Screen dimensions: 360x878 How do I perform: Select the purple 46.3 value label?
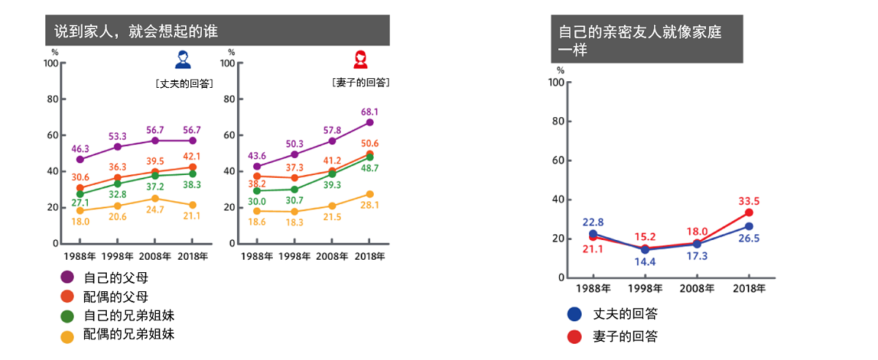(80, 149)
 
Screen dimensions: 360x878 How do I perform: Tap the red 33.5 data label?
(748, 200)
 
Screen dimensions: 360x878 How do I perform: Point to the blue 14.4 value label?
(645, 260)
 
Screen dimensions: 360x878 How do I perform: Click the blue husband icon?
(182, 59)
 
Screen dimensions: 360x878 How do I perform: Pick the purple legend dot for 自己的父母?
(67, 277)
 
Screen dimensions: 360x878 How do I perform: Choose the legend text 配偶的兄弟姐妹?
(129, 335)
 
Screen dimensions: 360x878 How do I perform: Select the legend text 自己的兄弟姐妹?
(129, 316)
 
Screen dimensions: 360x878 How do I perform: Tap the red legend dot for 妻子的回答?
(575, 337)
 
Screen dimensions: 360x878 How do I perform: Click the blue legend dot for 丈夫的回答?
(575, 315)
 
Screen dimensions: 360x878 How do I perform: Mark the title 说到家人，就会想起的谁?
(136, 31)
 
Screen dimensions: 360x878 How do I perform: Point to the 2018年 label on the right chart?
(748, 289)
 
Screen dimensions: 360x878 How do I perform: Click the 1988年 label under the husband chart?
(80, 255)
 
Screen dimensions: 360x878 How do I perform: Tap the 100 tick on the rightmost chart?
(555, 82)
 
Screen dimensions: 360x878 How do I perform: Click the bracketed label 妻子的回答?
(360, 83)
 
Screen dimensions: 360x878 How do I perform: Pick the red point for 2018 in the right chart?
(748, 213)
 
